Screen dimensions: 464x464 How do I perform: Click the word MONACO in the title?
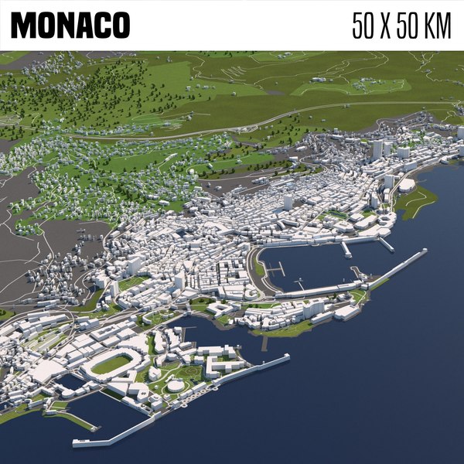click(70, 25)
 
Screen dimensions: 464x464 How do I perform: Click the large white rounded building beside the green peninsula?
click(407, 185)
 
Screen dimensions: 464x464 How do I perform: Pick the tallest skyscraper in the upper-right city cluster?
click(377, 148)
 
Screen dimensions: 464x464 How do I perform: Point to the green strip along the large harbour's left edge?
click(258, 268)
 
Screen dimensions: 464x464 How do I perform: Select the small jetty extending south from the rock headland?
click(264, 342)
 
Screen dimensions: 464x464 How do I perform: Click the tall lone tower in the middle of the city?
click(288, 202)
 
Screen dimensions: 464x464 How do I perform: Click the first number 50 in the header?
click(365, 25)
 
